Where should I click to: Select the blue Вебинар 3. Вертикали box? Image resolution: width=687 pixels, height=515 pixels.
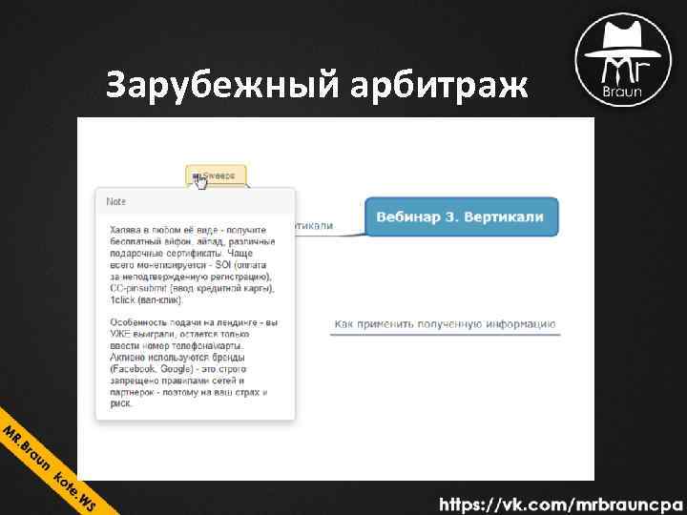click(x=460, y=216)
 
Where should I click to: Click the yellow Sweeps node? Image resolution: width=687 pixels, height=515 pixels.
click(x=217, y=175)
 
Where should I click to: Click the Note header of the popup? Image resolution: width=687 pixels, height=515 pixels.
click(x=116, y=202)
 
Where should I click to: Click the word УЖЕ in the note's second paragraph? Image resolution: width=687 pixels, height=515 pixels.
click(x=123, y=335)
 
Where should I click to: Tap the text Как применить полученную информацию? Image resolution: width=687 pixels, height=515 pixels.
click(x=445, y=324)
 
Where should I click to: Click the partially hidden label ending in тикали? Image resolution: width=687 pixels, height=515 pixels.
click(x=316, y=226)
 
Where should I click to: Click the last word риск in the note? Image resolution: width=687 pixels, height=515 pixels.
click(x=120, y=402)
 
